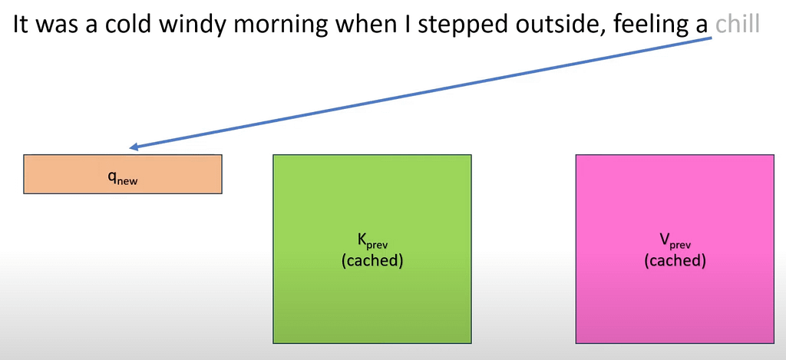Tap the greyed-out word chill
coord(738,25)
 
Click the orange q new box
coord(123,174)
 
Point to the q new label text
coord(123,178)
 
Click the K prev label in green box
coord(372,242)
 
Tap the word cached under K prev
coord(372,261)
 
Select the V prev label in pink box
coord(675,242)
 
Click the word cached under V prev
coord(675,261)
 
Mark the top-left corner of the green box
coord(273,155)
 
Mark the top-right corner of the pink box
coord(774,155)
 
